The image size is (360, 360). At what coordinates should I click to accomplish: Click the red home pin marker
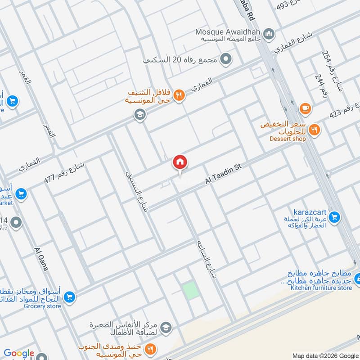pos(180,162)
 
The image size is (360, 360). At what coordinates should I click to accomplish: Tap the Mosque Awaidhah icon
pos(269,33)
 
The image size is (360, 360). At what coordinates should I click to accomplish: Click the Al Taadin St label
pos(224,174)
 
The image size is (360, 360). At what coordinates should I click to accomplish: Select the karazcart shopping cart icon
pos(334,217)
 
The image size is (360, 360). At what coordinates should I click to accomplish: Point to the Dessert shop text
pos(288,139)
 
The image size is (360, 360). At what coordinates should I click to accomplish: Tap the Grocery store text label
pos(42,306)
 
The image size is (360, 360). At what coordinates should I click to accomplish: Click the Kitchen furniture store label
pos(321,288)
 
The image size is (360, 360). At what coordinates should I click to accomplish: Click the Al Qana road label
pos(41,259)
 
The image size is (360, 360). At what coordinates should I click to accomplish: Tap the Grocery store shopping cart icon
pos(69,297)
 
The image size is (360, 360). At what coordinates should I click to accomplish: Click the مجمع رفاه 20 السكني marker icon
pos(227,59)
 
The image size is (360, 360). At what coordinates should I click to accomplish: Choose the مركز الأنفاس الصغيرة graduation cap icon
pos(166,327)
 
